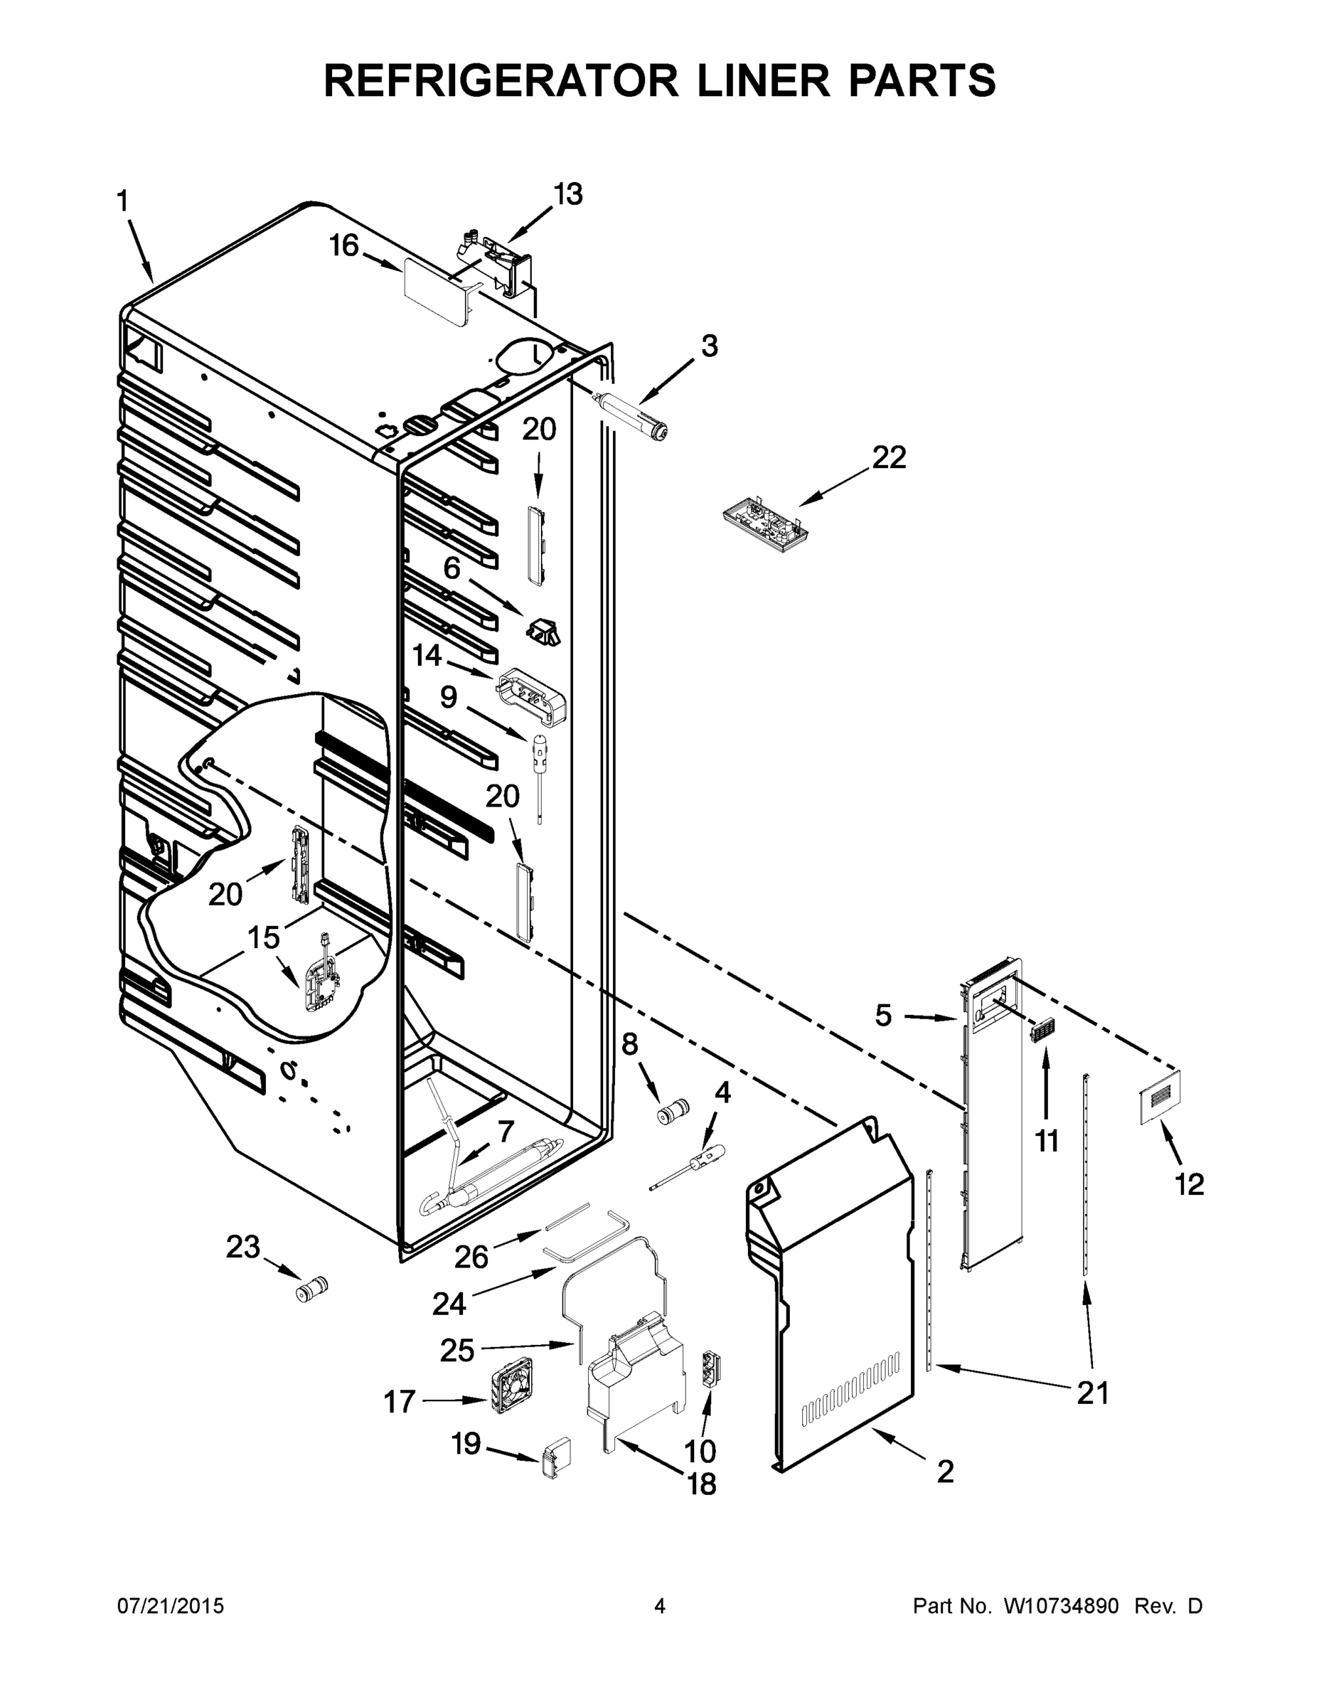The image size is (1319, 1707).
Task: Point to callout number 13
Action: (x=568, y=194)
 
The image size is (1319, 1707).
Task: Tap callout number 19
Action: (x=466, y=1445)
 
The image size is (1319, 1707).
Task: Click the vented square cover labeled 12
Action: (x=1158, y=1097)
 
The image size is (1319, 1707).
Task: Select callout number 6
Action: (x=452, y=568)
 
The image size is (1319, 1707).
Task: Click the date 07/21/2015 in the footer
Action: (x=171, y=1606)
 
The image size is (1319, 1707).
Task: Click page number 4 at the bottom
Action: (x=660, y=1606)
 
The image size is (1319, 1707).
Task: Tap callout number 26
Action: (x=471, y=1257)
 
